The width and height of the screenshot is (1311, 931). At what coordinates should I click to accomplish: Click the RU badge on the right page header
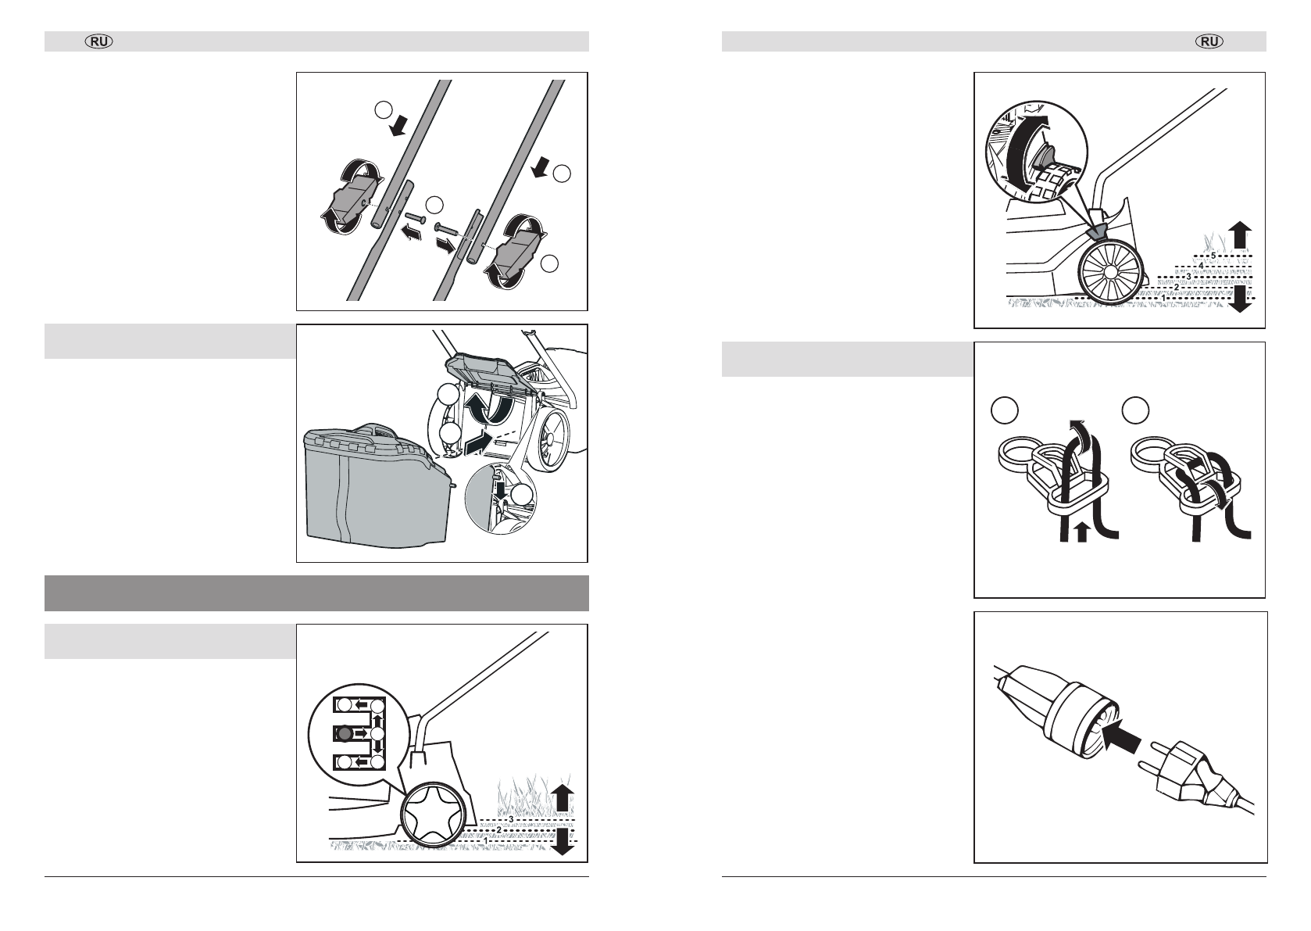click(1210, 41)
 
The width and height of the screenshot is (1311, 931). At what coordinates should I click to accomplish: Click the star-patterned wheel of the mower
click(434, 822)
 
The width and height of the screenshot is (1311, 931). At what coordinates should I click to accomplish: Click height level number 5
click(1213, 256)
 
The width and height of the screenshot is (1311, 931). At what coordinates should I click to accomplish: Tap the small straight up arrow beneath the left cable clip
click(1082, 532)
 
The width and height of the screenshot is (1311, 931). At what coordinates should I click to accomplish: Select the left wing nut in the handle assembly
click(350, 196)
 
